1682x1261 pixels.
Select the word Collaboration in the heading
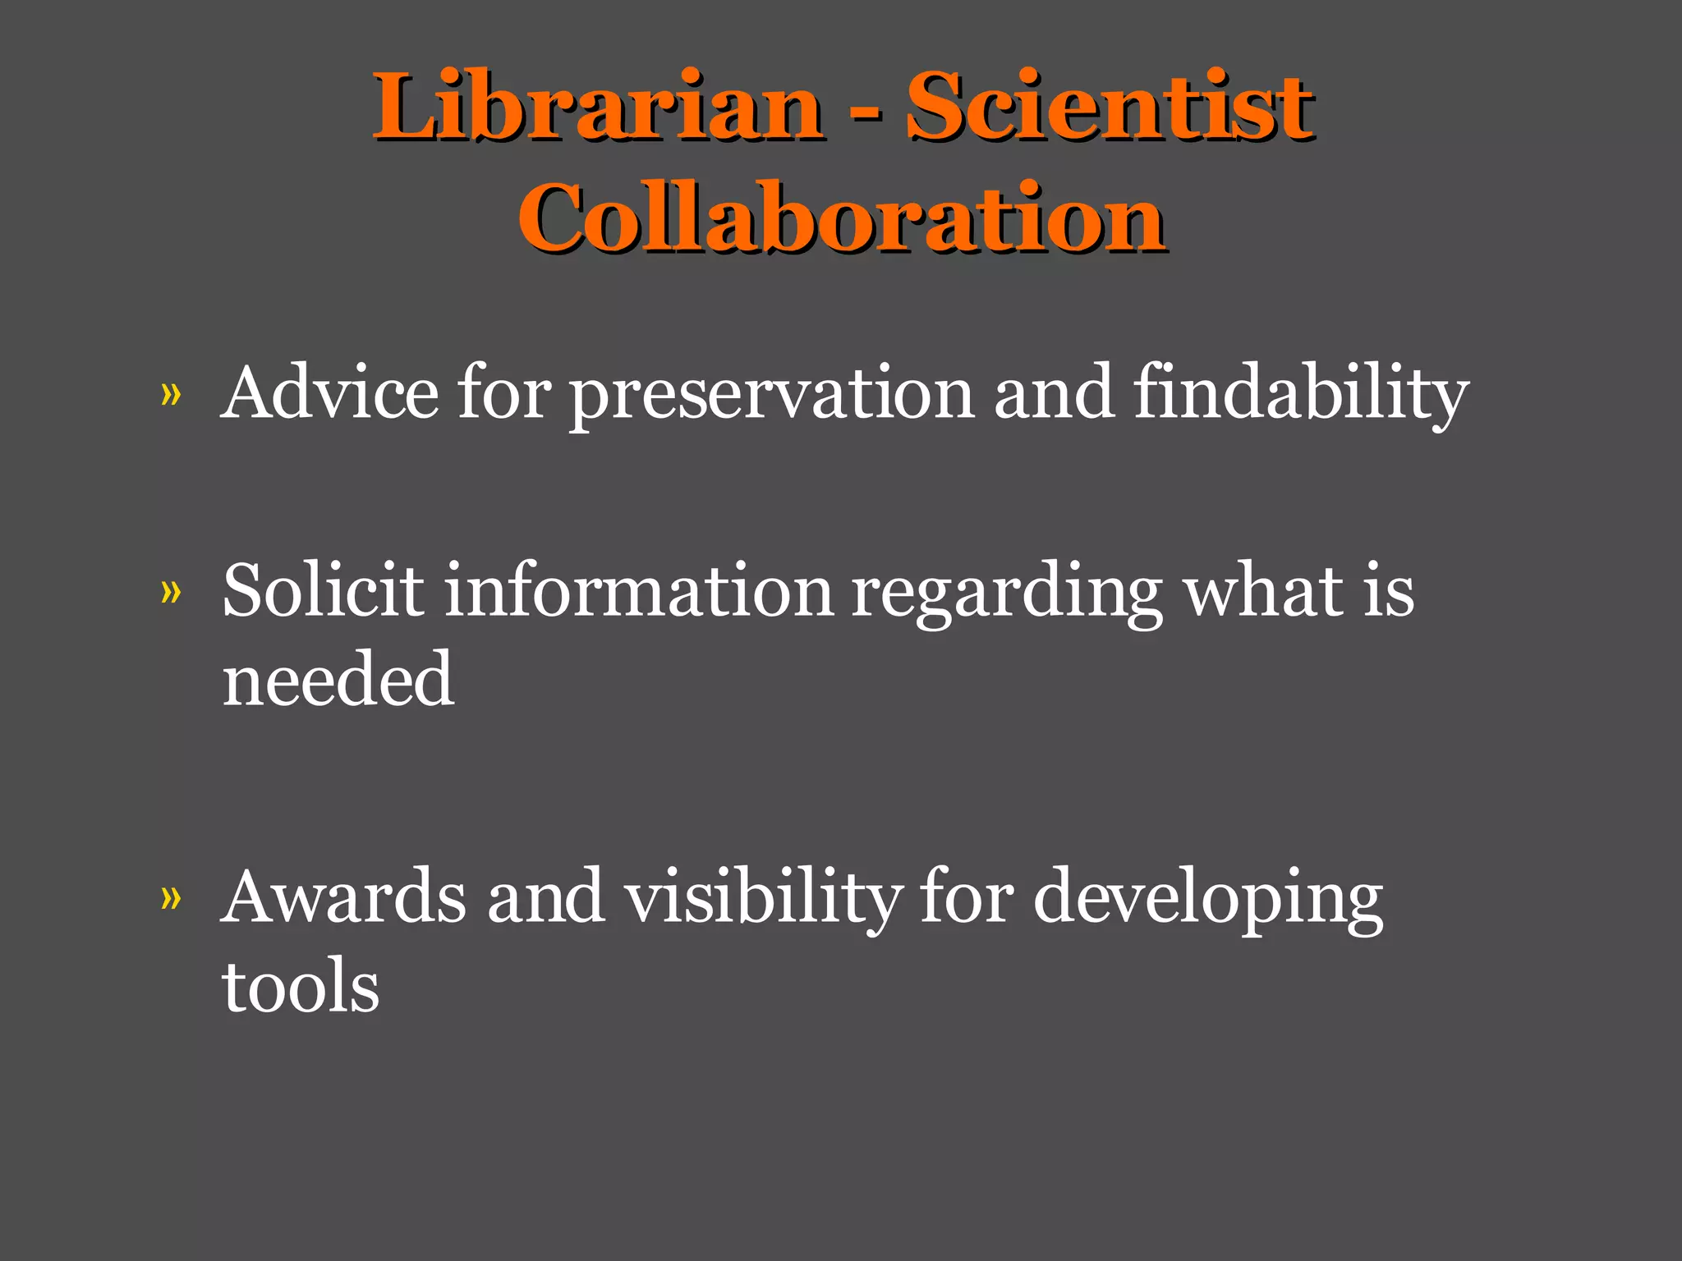click(x=841, y=218)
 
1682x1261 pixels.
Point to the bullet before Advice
click(x=171, y=397)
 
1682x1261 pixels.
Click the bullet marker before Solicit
click(x=171, y=592)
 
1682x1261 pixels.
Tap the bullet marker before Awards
click(x=171, y=899)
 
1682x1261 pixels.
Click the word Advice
click(x=330, y=393)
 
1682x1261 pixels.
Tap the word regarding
click(x=1006, y=594)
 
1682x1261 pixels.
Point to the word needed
click(x=338, y=680)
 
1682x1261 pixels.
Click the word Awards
click(x=344, y=897)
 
